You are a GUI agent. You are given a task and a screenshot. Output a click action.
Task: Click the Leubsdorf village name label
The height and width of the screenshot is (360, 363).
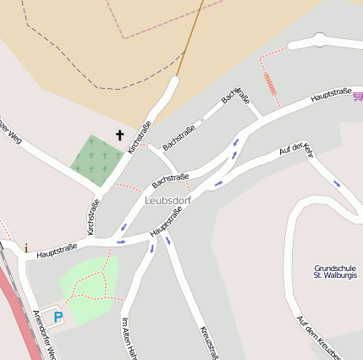tap(168, 201)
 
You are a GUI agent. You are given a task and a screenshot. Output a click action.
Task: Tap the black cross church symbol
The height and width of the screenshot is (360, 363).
tap(119, 134)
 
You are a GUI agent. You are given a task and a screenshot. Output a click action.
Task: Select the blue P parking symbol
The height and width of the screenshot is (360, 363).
tap(58, 317)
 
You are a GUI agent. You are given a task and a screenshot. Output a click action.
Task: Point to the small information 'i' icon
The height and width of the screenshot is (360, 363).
tap(25, 248)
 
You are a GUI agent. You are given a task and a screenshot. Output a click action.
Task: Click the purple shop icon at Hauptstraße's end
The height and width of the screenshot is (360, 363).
tap(358, 97)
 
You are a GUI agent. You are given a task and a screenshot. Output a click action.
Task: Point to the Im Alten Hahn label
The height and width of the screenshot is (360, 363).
tap(129, 338)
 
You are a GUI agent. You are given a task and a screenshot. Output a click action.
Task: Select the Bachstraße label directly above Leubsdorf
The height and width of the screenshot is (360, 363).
tap(170, 180)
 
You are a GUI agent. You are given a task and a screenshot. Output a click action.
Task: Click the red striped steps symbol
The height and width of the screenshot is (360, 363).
tap(269, 83)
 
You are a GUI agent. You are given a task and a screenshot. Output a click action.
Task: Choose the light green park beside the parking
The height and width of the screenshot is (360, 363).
tap(89, 288)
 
